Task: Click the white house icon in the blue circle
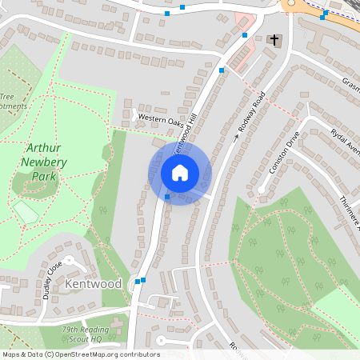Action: point(179,173)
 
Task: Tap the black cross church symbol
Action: point(274,39)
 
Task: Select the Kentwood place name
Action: point(94,284)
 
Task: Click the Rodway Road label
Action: point(252,113)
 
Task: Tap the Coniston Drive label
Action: point(285,152)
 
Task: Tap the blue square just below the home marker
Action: point(167,197)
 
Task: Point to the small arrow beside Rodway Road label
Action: point(237,138)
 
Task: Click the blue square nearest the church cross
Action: point(245,35)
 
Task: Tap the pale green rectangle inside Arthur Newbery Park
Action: point(26,213)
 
